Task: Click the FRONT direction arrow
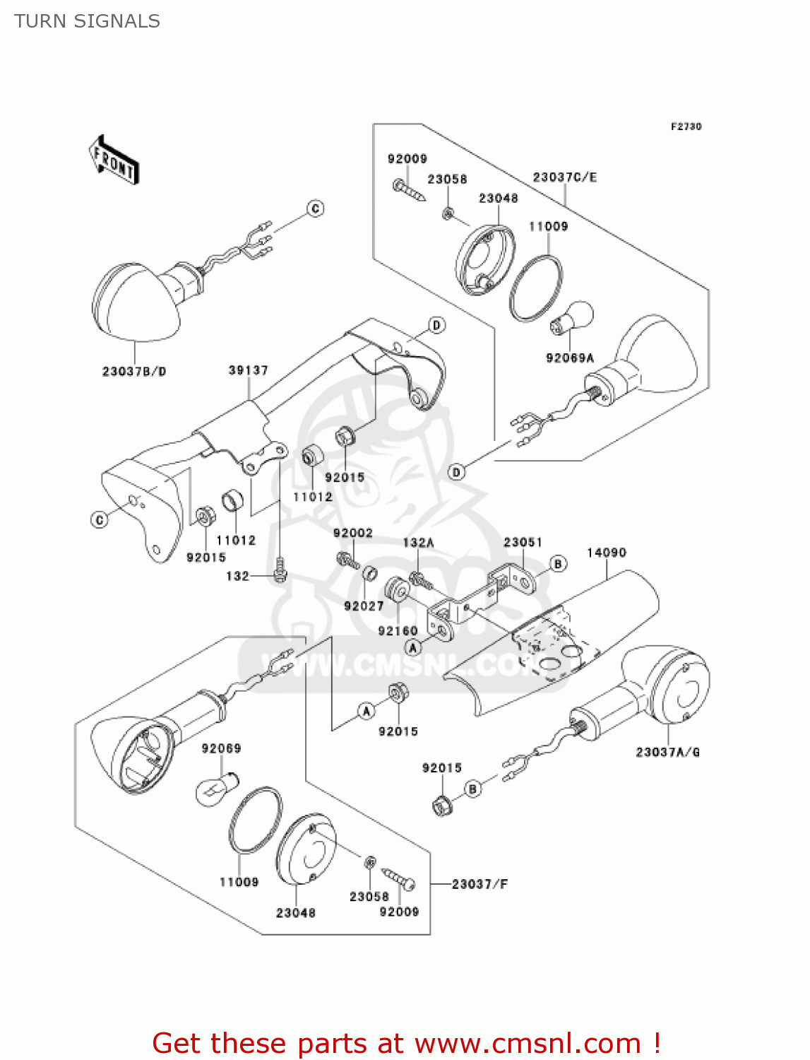[x=114, y=160]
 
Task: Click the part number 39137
[x=248, y=370]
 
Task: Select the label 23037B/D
[x=134, y=372]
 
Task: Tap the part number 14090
[x=607, y=553]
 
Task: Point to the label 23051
[x=523, y=542]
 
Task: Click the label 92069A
[x=570, y=358]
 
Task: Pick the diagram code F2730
[x=686, y=126]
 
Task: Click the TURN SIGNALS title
[x=88, y=21]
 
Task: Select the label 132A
[x=418, y=543]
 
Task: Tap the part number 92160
[x=398, y=631]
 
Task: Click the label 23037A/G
[x=667, y=753]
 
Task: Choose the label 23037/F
[x=480, y=884]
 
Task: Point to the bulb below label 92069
[x=215, y=787]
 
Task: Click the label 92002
[x=352, y=533]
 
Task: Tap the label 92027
[x=364, y=606]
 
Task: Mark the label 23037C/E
[x=564, y=177]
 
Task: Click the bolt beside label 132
[x=280, y=570]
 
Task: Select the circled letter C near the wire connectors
[x=316, y=208]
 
